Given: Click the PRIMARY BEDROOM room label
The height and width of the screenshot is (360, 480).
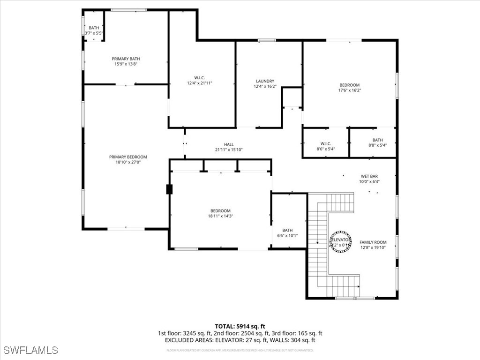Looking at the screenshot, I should (x=128, y=157).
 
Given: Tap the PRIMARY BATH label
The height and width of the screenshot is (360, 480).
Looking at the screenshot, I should (x=126, y=59).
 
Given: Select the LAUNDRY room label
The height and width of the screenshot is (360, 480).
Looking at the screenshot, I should (x=265, y=81).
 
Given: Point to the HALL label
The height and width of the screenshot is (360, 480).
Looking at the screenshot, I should (x=229, y=144).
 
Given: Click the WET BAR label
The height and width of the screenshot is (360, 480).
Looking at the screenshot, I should (x=369, y=176).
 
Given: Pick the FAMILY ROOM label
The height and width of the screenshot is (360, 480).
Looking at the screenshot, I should (x=373, y=242).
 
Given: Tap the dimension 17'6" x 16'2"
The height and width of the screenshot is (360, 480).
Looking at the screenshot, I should (x=350, y=90).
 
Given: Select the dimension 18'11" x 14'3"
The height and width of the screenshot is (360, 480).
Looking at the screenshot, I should (x=220, y=217).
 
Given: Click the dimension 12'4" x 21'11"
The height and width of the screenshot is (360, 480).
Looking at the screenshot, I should (x=200, y=83).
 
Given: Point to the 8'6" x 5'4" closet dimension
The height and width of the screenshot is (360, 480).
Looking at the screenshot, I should (x=325, y=150).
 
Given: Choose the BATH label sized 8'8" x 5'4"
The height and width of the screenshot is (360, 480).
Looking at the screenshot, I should (x=377, y=140).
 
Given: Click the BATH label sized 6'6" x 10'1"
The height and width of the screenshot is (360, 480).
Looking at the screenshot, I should (x=287, y=230).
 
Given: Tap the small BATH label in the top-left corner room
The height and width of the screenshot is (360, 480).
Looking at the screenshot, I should (x=94, y=28).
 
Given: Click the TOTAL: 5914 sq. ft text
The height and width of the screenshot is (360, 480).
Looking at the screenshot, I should (x=240, y=326).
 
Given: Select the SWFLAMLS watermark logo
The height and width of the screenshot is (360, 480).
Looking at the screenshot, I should (x=30, y=350).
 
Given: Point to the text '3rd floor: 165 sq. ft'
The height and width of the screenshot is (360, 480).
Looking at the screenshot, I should (x=296, y=333).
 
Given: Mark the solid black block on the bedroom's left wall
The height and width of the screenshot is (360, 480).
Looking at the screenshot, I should (x=169, y=189).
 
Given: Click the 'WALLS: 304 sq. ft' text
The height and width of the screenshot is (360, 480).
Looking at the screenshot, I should (x=292, y=340).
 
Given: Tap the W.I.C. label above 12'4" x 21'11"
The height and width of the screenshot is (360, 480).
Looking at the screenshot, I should (x=200, y=77).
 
